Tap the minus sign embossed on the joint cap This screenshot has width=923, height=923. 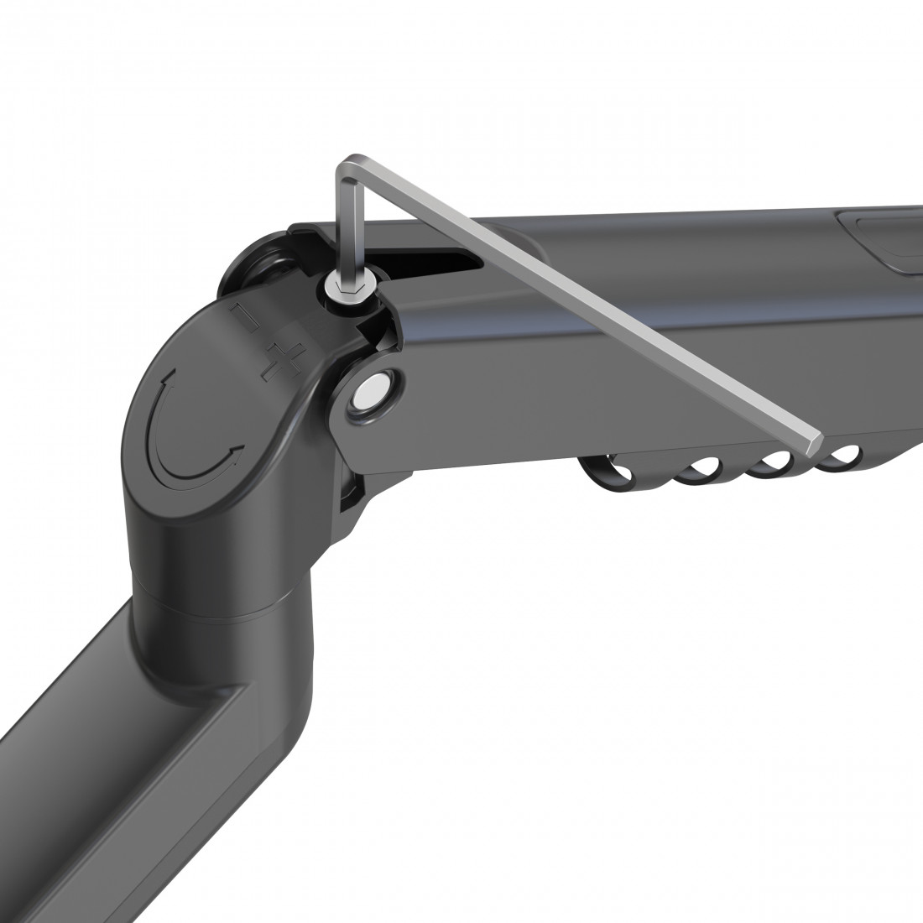point(243,320)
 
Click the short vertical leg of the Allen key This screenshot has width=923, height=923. point(346,222)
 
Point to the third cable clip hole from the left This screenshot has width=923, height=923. point(774,461)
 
